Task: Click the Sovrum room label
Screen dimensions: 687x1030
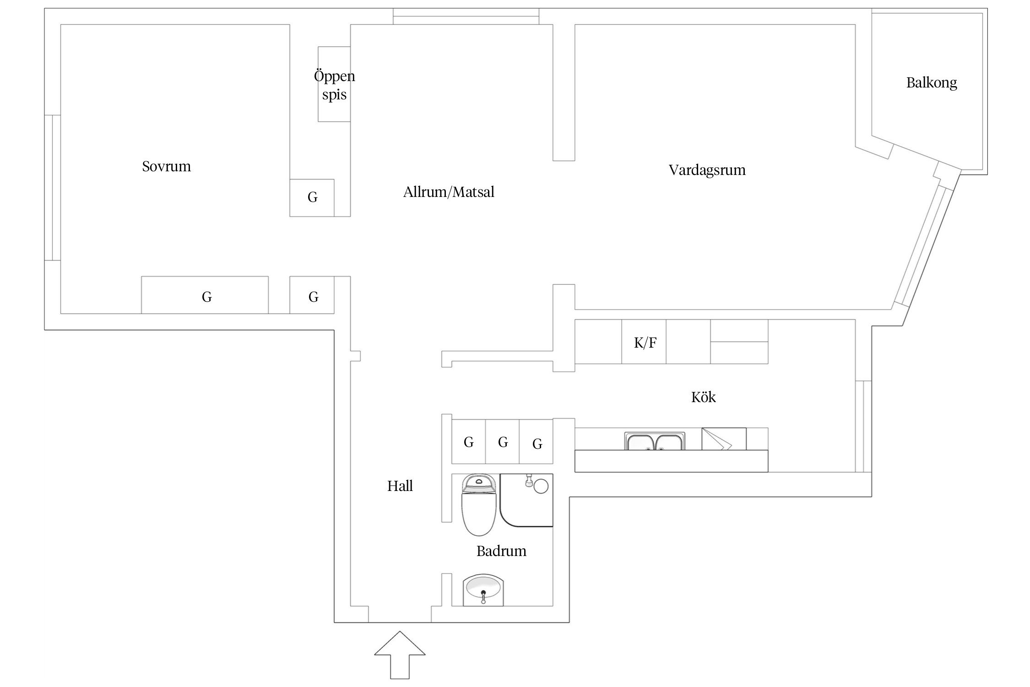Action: click(166, 166)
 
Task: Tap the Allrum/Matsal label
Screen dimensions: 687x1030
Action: click(449, 192)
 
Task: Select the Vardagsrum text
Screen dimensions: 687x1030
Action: click(707, 170)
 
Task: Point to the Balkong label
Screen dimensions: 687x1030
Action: click(932, 83)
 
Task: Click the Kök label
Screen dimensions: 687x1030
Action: click(703, 397)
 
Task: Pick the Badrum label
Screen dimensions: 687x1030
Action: click(501, 551)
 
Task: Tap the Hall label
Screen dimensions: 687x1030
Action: click(400, 486)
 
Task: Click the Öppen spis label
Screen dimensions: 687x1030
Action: click(334, 85)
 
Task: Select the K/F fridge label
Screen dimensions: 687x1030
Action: click(645, 343)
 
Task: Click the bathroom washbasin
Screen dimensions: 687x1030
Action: click(483, 590)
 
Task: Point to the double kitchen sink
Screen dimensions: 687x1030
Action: click(655, 442)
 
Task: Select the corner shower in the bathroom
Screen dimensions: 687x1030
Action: click(526, 500)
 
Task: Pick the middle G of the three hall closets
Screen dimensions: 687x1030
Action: click(503, 442)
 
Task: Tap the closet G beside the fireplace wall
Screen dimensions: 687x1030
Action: click(312, 197)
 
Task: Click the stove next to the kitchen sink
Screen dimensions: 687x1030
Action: click(723, 439)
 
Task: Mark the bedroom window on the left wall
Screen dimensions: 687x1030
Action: click(53, 188)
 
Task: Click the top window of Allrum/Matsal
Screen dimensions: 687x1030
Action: click(466, 16)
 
